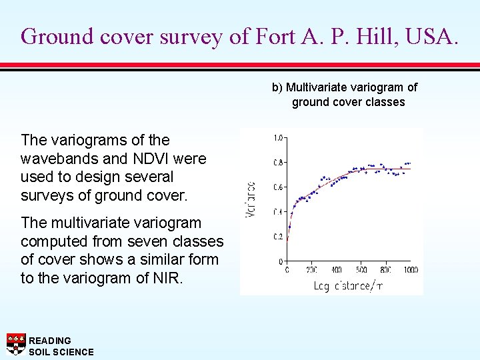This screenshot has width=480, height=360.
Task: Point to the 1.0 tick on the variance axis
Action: point(278,138)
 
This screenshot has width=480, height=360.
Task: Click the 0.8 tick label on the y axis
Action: point(278,163)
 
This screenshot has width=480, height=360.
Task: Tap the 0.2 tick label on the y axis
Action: point(278,237)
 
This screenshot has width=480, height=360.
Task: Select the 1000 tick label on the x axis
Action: point(410,270)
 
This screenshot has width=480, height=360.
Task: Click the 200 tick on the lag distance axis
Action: point(311,270)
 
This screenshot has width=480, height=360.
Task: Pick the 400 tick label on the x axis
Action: point(336,270)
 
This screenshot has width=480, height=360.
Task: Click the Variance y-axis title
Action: point(251,199)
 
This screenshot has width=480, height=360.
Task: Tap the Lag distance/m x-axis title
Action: point(348,285)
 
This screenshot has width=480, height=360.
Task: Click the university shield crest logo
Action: point(16,343)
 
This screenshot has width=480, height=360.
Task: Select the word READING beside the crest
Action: point(50,341)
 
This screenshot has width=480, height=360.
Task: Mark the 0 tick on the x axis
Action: point(287,270)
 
